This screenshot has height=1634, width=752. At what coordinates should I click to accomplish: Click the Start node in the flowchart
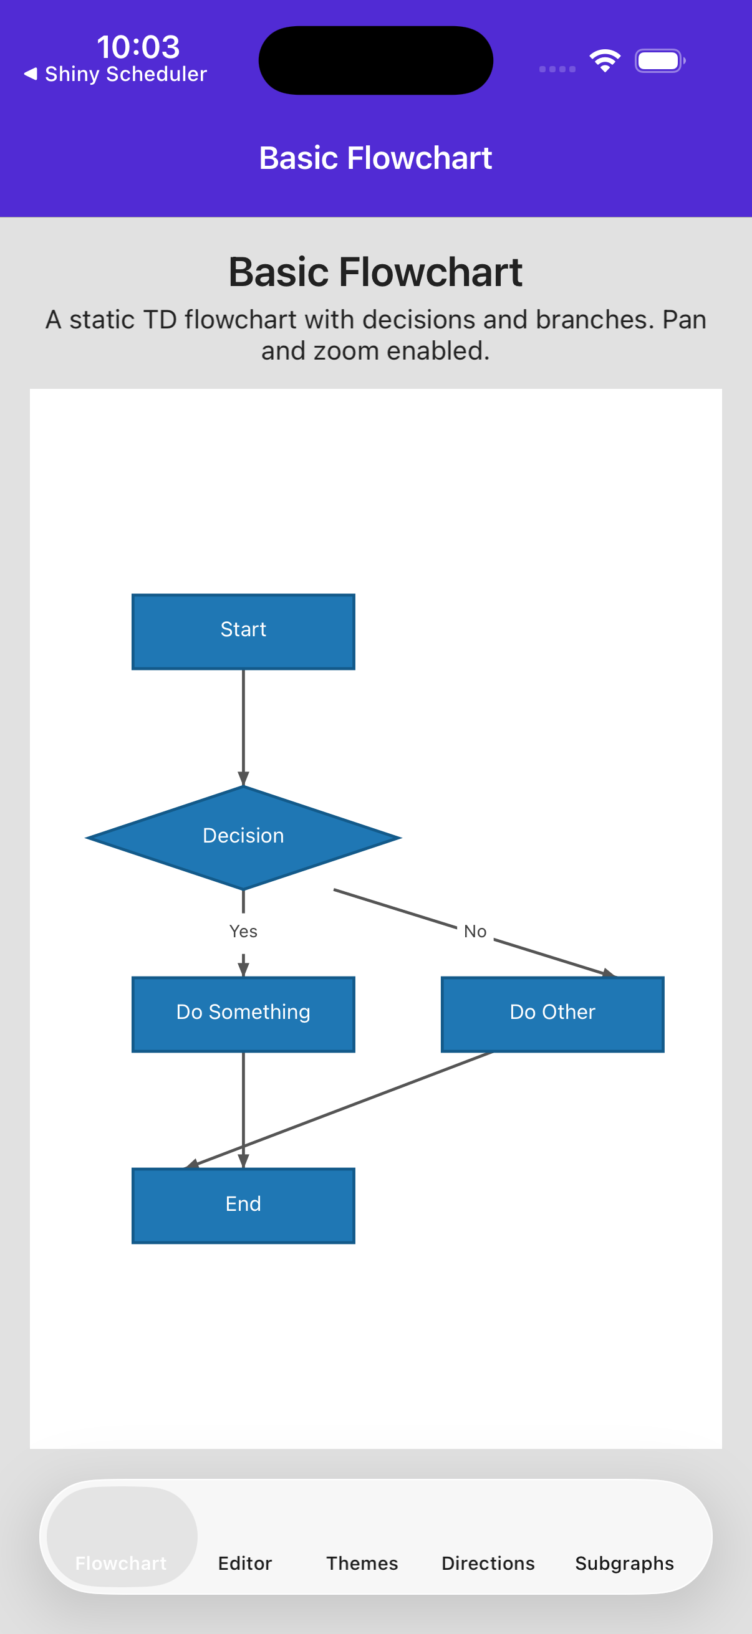[x=243, y=631]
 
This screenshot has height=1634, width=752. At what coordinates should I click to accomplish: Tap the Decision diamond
[x=243, y=837]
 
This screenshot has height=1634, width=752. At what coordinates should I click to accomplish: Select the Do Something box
[x=243, y=1013]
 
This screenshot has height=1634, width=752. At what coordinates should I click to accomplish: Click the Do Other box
[x=552, y=1013]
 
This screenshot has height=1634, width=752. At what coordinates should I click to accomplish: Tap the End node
[x=243, y=1205]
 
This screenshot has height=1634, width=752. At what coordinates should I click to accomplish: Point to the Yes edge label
[x=243, y=931]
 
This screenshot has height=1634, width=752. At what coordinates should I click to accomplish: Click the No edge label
[x=475, y=931]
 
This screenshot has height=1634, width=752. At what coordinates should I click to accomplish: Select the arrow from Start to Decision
[x=243, y=723]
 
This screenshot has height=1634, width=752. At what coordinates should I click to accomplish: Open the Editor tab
[x=245, y=1562]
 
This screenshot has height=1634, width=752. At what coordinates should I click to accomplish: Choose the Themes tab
[x=362, y=1562]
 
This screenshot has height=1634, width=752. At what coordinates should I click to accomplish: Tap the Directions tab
[x=488, y=1562]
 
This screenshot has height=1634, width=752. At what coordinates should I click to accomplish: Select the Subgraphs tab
[x=624, y=1562]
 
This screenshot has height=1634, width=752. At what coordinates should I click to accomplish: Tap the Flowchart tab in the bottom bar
[x=121, y=1562]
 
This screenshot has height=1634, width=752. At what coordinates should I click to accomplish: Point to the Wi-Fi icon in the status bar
[x=604, y=61]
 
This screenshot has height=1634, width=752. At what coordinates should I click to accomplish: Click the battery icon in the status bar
[x=658, y=61]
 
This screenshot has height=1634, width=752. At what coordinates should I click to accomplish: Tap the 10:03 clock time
[x=138, y=47]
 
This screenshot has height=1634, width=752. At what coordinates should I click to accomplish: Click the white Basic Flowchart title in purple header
[x=375, y=158]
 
